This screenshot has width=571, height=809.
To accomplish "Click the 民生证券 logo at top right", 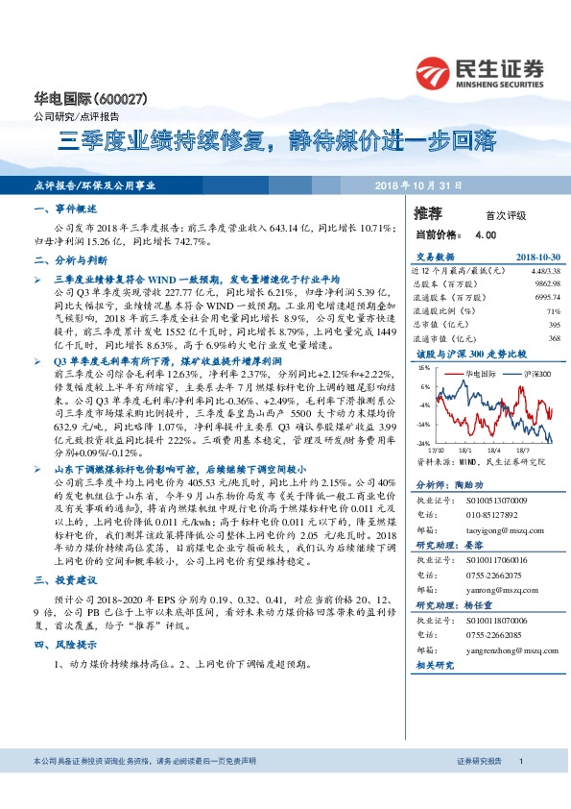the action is (481, 71).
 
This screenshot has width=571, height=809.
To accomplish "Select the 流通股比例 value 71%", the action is (553, 311).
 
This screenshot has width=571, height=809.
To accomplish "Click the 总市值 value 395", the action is (553, 325).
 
